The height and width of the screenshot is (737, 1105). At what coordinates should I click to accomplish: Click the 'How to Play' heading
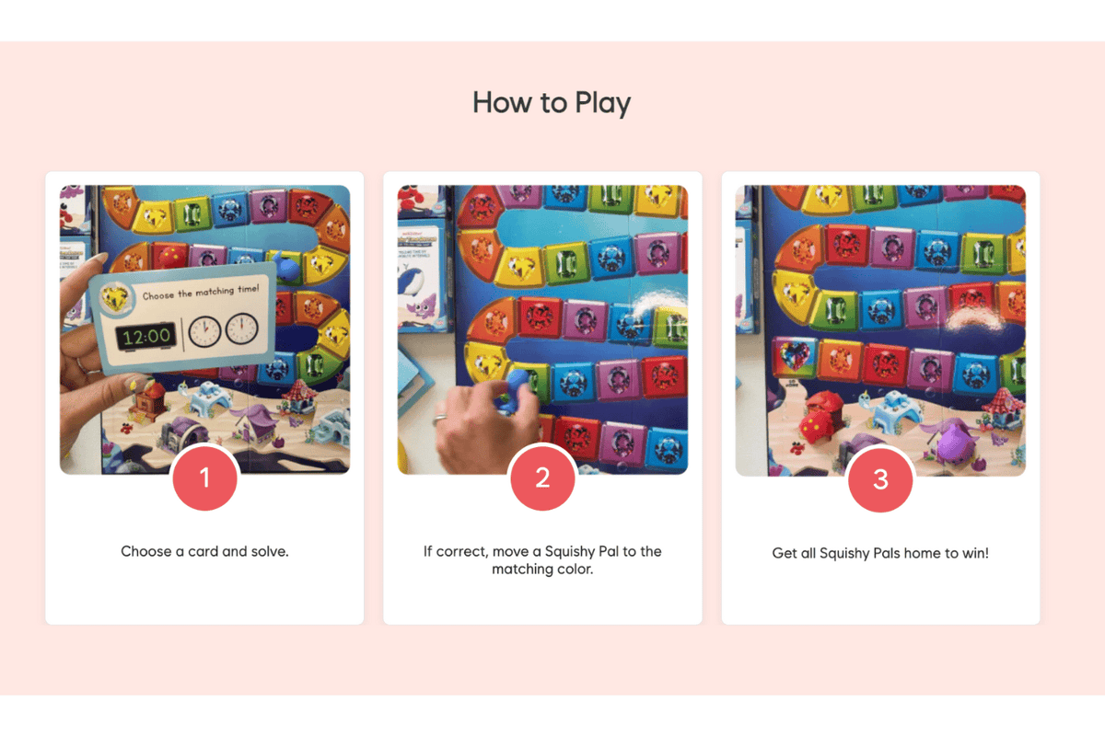tap(552, 102)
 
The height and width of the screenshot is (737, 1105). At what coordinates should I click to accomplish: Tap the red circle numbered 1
tap(204, 478)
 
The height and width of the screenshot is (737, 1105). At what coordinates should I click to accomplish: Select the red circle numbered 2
tap(542, 478)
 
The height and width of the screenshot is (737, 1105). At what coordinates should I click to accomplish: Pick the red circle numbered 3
tap(880, 478)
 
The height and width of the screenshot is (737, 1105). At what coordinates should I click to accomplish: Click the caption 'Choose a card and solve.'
tap(204, 552)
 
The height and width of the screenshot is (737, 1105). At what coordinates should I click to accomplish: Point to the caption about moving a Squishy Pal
tap(542, 560)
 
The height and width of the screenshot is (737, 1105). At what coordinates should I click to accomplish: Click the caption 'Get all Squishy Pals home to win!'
tap(880, 554)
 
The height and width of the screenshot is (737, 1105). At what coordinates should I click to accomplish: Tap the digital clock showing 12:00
tap(146, 336)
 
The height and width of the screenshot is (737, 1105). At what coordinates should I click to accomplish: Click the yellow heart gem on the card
tap(114, 297)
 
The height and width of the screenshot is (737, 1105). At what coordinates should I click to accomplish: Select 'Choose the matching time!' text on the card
tap(201, 292)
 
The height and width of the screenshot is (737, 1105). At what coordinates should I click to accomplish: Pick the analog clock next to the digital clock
tap(204, 330)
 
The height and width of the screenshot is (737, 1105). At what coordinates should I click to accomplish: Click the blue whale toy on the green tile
tap(288, 268)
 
